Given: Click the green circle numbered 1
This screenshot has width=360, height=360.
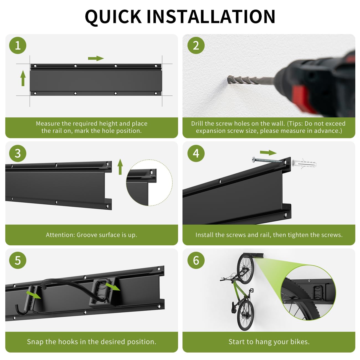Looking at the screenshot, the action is pos(18,45).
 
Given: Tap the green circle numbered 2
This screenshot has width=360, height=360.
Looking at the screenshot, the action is pos(196,45).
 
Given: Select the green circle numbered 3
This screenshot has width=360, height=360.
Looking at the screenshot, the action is pos(18,153).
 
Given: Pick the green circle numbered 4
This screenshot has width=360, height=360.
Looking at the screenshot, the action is pos(196,153).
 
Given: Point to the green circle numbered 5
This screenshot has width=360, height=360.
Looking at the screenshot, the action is pos(18,260).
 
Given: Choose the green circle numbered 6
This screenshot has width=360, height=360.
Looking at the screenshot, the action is pos(196,260).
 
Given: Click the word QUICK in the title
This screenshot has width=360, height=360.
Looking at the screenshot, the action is pos(113,17).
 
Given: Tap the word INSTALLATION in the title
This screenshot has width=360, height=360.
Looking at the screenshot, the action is pos(211,17).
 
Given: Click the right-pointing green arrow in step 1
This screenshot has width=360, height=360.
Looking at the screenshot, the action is pos(96,58).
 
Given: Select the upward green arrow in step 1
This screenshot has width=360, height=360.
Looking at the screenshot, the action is pos(23,78).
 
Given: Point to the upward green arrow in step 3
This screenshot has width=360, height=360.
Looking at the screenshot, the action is pos(120,167).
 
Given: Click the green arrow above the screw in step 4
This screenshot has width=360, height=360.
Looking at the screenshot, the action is pos(268,153).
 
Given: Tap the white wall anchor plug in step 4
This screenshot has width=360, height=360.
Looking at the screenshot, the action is pos(304,164).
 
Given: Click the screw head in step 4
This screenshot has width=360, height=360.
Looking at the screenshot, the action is pos(253,160).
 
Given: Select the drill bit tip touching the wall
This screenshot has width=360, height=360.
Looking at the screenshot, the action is pos(229,80).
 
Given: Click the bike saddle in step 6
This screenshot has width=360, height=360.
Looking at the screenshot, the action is pos(234,310).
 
